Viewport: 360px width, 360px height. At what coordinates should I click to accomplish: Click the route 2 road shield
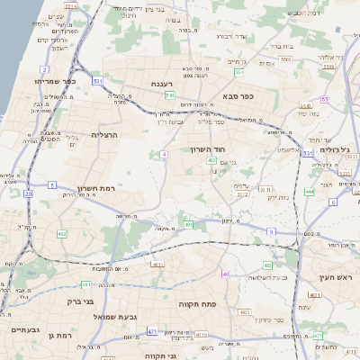tap(45, 68)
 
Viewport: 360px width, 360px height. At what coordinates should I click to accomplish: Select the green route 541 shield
tap(169, 94)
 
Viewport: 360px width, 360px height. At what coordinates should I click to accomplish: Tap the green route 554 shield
tap(239, 71)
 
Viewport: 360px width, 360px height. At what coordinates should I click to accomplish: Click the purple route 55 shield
tap(324, 99)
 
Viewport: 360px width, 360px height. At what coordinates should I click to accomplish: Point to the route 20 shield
tap(29, 193)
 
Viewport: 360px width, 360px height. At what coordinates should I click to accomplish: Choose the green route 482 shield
tap(62, 234)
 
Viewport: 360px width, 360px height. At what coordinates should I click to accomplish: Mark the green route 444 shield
tap(309, 191)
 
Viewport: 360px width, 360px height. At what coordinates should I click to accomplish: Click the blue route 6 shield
tap(332, 202)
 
